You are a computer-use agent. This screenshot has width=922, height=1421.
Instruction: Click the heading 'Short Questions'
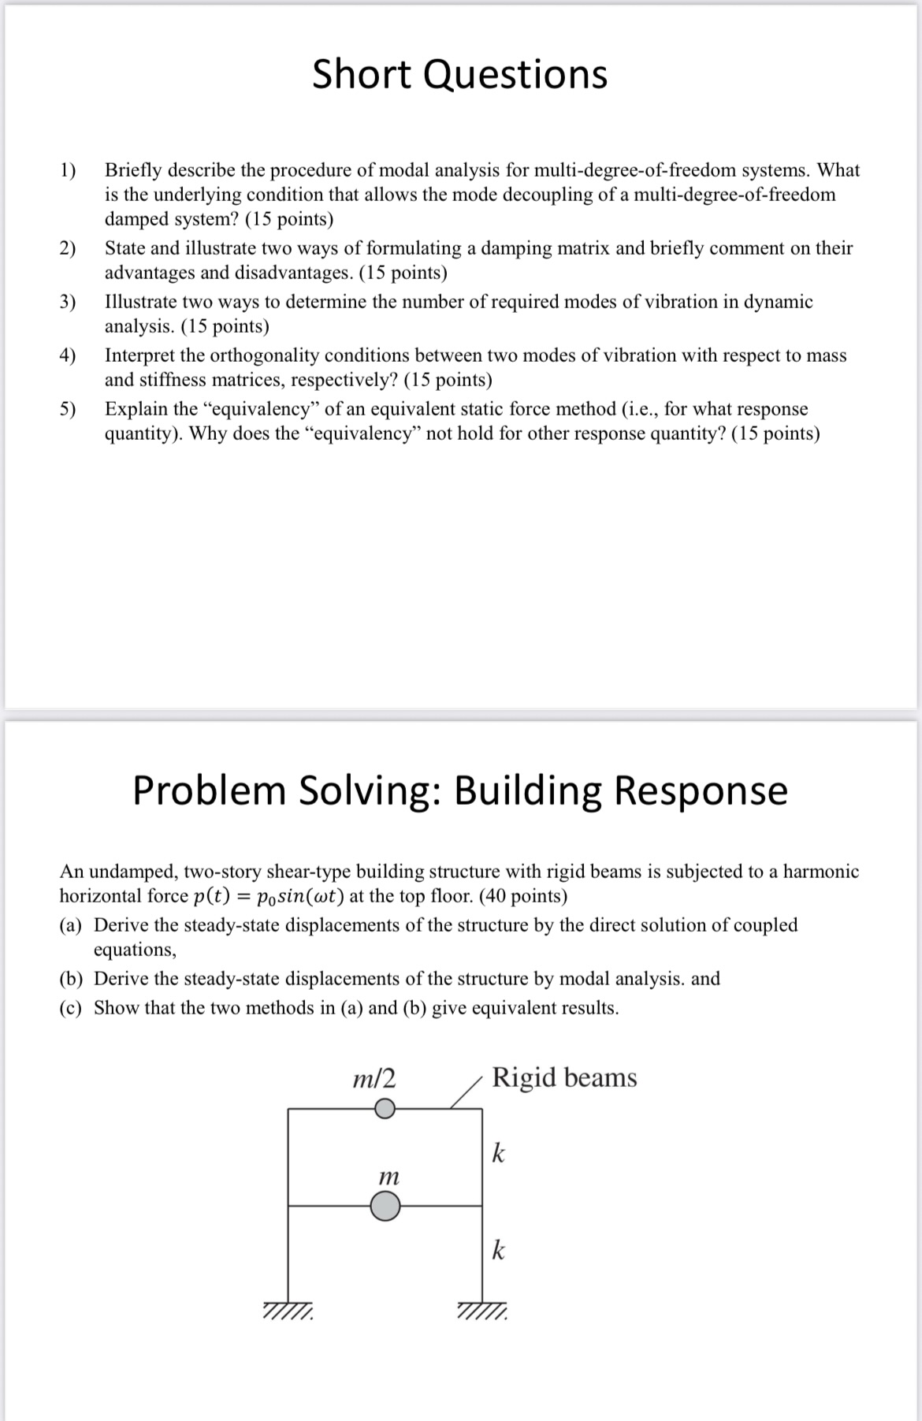tap(459, 75)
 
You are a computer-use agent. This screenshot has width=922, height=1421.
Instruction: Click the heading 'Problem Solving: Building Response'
tap(459, 790)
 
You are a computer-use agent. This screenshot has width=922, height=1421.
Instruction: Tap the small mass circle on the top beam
tap(384, 1109)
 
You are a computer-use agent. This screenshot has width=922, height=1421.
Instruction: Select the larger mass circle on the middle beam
tap(385, 1206)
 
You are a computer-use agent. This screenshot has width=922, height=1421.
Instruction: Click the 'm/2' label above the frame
tap(374, 1077)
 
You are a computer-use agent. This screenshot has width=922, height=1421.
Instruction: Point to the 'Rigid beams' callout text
tap(564, 1077)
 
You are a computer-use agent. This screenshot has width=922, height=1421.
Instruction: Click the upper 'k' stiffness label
tap(498, 1153)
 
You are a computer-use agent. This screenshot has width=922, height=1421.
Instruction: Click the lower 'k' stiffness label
tap(498, 1250)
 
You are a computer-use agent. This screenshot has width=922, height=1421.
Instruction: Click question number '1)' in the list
tap(69, 170)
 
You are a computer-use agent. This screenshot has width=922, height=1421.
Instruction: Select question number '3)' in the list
tap(69, 302)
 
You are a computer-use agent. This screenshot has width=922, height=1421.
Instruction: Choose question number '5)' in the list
tap(69, 409)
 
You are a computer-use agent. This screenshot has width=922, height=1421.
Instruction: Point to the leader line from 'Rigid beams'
tap(466, 1094)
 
